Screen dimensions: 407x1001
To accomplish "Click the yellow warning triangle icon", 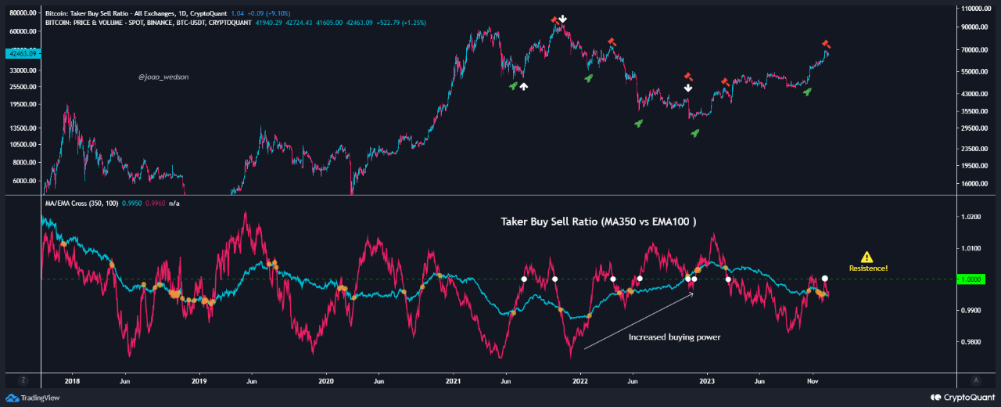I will (866, 257).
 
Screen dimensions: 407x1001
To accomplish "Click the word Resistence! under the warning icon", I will (868, 268).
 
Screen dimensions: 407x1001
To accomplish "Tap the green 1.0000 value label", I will (971, 279).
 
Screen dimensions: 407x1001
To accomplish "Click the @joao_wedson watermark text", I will (163, 77).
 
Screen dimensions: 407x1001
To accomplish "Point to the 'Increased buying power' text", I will (674, 337).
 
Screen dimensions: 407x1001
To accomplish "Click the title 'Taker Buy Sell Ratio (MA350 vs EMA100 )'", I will (598, 222).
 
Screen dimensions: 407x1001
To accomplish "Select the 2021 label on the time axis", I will (454, 380).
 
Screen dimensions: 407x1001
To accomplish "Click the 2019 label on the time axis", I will (199, 380).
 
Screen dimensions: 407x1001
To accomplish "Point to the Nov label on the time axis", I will (811, 380).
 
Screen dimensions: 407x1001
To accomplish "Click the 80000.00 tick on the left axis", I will (21, 13).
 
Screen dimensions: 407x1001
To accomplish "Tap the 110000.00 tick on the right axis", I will (975, 9).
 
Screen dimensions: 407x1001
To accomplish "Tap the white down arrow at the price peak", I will (562, 19).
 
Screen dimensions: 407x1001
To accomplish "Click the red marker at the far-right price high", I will (826, 44).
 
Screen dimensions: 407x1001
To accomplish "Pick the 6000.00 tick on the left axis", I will (24, 181).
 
